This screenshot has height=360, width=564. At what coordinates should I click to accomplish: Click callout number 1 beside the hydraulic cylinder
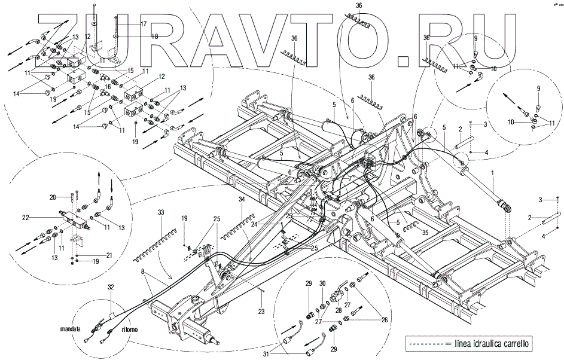tap(492, 173)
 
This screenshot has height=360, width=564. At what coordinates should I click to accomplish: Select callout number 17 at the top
tap(143, 24)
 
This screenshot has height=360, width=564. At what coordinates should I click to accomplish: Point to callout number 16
tap(108, 87)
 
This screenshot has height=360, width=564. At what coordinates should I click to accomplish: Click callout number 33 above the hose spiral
tap(161, 212)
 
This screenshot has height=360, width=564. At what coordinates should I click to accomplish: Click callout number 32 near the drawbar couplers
tap(111, 288)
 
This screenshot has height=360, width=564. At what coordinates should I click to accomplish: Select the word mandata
tap(71, 329)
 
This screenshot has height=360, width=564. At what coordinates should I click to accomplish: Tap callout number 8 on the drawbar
tap(142, 273)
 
